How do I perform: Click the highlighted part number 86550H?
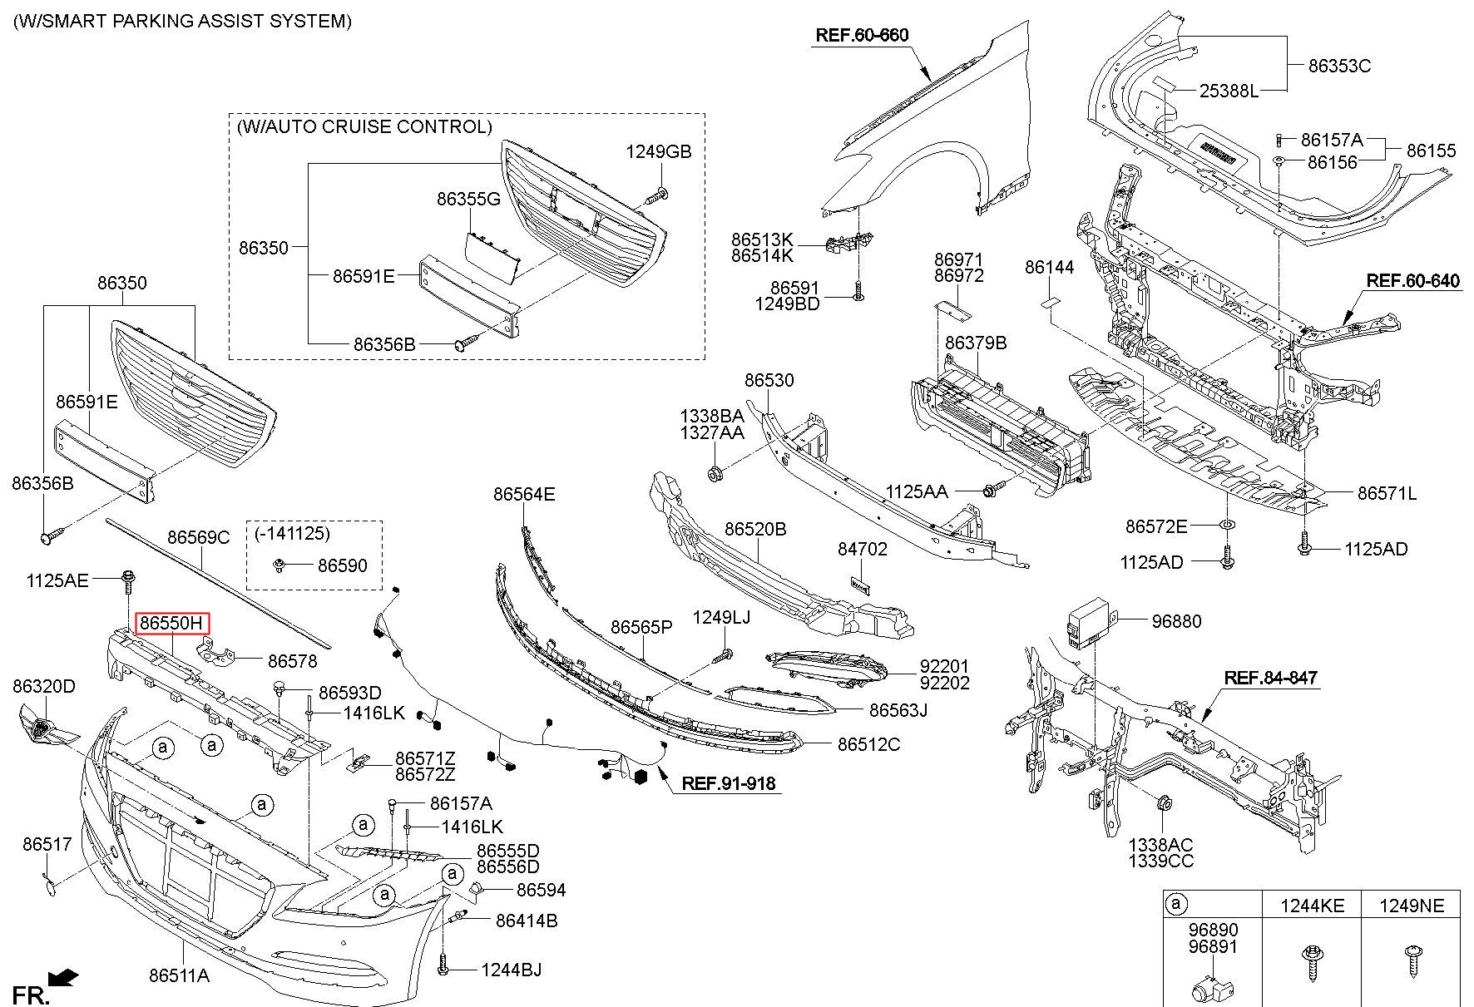(171, 623)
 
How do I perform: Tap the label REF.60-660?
(862, 35)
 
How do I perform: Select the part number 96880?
(1176, 621)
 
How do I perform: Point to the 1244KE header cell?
(1311, 906)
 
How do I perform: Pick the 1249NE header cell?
(1410, 906)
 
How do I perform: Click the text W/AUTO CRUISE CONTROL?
(364, 127)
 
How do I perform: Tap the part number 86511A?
(180, 975)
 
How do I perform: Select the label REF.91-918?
(729, 783)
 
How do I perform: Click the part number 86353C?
(1339, 66)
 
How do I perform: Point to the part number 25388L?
(1229, 91)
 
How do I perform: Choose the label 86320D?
(44, 686)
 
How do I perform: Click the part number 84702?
(862, 550)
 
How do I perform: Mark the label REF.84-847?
(1270, 679)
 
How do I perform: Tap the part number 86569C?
(198, 537)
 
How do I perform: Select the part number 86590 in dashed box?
(342, 565)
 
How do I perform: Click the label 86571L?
(1387, 494)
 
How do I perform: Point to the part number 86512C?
(868, 744)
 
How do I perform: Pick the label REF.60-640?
(1412, 281)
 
